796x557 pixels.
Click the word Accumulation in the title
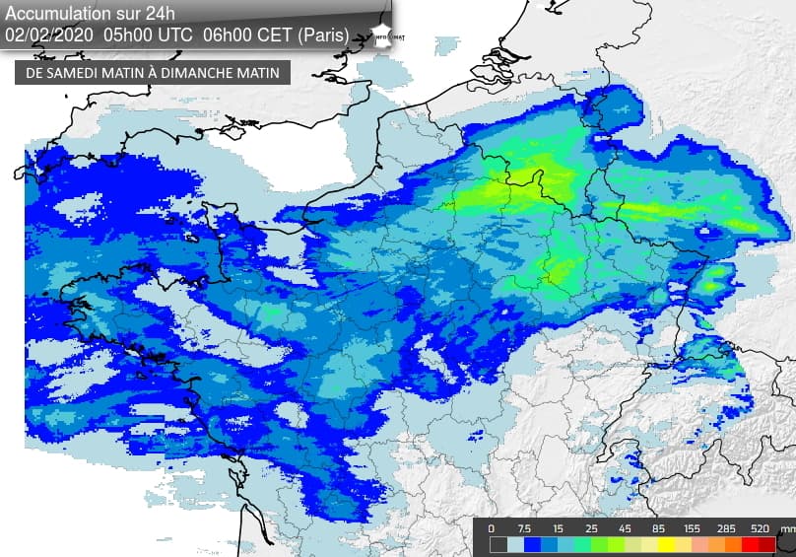57,13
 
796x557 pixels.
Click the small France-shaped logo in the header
382,32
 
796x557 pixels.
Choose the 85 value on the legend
656,528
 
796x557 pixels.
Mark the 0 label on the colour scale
491,528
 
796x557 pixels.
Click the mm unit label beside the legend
786,529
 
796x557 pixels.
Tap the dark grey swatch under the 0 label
498,544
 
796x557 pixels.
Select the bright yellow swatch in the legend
666,544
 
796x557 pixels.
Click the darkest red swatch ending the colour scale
766,544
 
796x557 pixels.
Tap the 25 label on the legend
592,528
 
